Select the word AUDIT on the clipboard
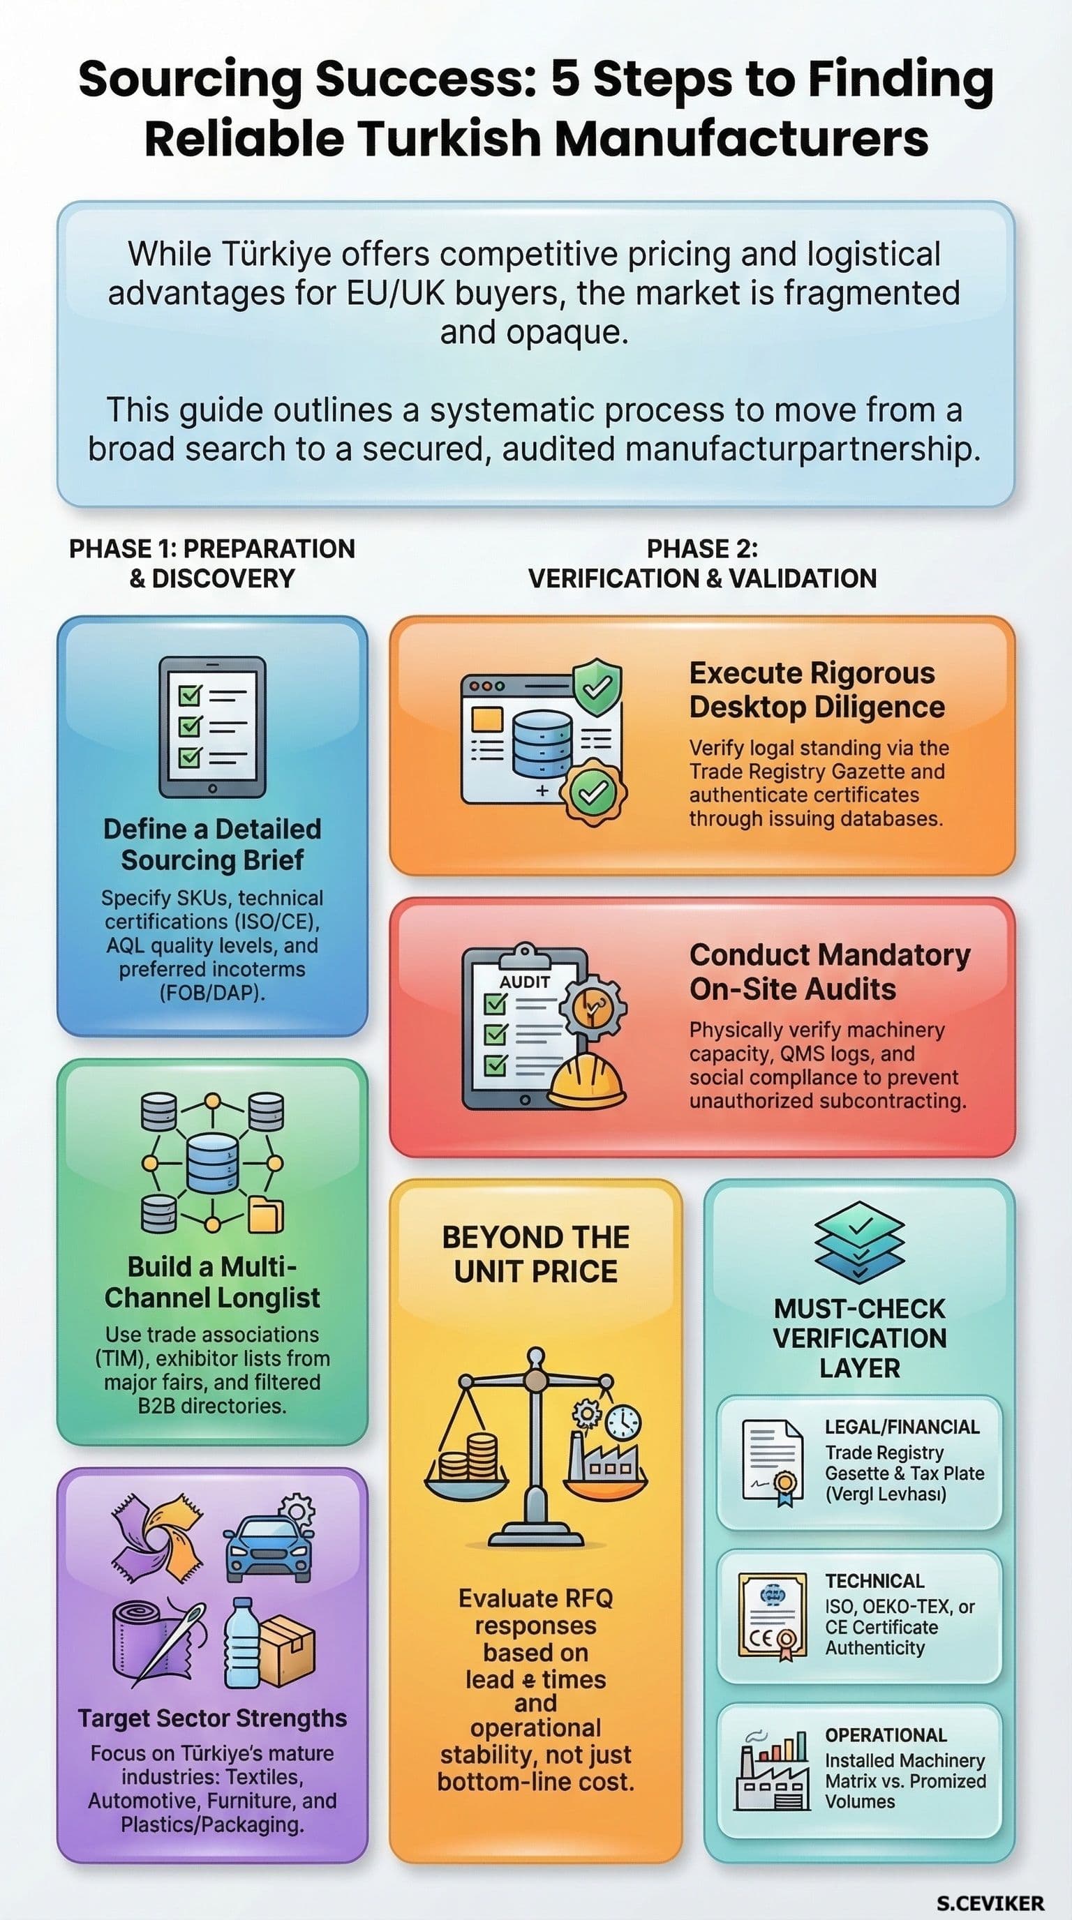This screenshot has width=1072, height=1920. point(525,982)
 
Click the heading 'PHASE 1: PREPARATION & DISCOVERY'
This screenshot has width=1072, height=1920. point(212,564)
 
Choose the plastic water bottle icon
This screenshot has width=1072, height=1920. point(243,1643)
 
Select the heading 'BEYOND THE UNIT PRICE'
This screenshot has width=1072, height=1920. point(535,1254)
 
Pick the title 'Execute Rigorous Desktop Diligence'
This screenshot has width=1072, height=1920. point(817,689)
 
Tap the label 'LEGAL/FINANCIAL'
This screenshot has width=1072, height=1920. point(901,1427)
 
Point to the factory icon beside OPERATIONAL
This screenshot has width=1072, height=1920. point(770,1770)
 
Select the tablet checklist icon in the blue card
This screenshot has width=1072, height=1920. point(212,727)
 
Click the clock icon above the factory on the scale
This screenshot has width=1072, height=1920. point(623,1423)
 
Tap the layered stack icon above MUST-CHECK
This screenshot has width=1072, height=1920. point(860,1243)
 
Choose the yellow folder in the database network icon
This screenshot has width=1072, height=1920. point(265,1215)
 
